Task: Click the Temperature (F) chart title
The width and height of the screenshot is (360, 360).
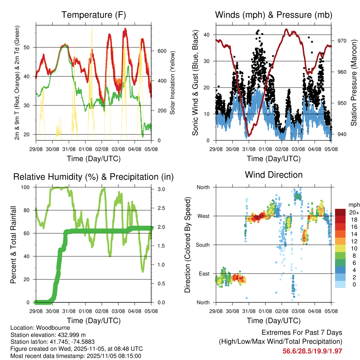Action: [94, 15]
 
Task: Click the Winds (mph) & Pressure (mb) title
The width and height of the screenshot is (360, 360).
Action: [274, 15]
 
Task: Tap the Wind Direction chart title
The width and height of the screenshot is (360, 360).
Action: [274, 175]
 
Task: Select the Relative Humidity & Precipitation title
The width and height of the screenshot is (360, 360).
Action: [94, 177]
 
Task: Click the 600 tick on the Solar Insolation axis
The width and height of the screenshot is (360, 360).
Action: [161, 51]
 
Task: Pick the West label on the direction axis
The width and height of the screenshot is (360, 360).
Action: [203, 216]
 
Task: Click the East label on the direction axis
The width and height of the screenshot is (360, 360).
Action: [203, 274]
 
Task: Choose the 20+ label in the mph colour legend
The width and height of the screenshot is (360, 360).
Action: [353, 212]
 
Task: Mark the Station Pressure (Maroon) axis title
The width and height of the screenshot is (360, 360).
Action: [354, 83]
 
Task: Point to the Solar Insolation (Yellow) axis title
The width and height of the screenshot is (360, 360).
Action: [173, 83]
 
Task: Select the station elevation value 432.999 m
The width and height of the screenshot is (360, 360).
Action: [70, 335]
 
